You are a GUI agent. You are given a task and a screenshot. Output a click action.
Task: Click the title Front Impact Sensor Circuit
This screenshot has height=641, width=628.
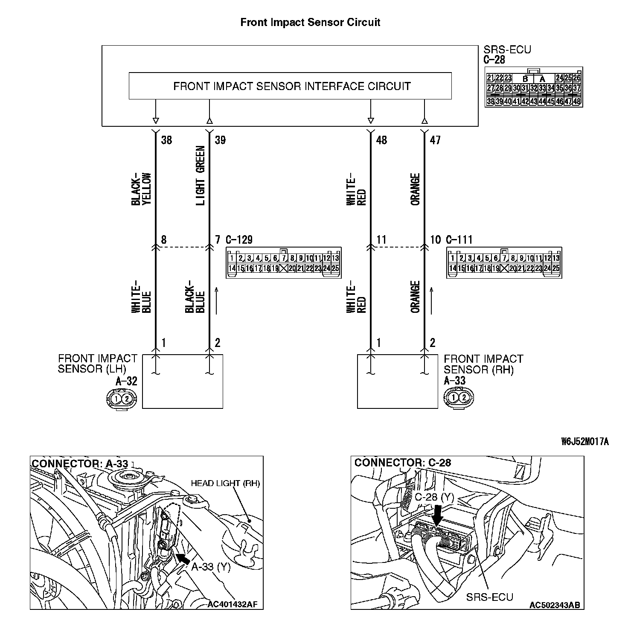[x=310, y=22]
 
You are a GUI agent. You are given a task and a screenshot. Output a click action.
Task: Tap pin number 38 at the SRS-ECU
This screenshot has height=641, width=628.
[x=166, y=140]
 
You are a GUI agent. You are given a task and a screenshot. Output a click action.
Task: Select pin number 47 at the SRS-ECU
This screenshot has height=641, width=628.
[x=435, y=140]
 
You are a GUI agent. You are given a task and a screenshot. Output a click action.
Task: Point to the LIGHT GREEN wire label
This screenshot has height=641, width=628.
[x=201, y=175]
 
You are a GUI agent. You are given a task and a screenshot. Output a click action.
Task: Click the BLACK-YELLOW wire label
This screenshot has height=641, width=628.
[x=141, y=189]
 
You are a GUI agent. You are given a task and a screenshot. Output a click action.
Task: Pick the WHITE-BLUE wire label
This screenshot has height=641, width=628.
[x=141, y=297]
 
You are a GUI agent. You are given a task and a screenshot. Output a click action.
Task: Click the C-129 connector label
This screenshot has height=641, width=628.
[x=239, y=240]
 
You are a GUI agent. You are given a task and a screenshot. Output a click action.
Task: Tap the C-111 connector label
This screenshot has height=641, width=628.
[x=459, y=240]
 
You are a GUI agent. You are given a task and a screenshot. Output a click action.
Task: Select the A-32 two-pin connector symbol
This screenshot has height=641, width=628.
[x=122, y=399]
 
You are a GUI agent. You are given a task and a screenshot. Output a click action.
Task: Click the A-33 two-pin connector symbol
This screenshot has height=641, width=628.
[x=459, y=397]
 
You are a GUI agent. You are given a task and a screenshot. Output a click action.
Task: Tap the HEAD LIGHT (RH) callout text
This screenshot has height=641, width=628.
[x=225, y=483]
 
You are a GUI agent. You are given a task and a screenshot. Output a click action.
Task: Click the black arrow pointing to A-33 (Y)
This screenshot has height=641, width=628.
[x=183, y=558]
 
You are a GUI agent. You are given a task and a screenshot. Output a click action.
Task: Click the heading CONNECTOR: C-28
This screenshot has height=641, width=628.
[x=403, y=463]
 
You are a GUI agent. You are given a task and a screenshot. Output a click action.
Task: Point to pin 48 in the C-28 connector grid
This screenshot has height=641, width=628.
[x=578, y=102]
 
